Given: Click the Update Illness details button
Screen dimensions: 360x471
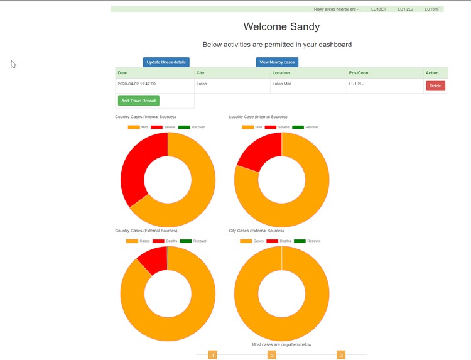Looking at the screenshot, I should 166,62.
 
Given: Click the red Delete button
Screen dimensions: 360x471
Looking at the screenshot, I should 435,85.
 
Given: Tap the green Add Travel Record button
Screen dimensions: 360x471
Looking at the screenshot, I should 138,101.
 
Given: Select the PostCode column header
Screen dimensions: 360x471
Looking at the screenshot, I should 359,73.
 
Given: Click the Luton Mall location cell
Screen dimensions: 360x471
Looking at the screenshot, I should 281,84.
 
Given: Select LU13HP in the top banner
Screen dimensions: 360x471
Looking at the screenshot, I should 432,9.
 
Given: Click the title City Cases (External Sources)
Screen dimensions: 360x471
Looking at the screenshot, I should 256,231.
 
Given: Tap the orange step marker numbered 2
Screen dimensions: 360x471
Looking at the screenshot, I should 272,355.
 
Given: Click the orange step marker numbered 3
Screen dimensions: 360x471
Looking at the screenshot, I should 341,355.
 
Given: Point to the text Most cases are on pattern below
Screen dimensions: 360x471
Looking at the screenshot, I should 281,345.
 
